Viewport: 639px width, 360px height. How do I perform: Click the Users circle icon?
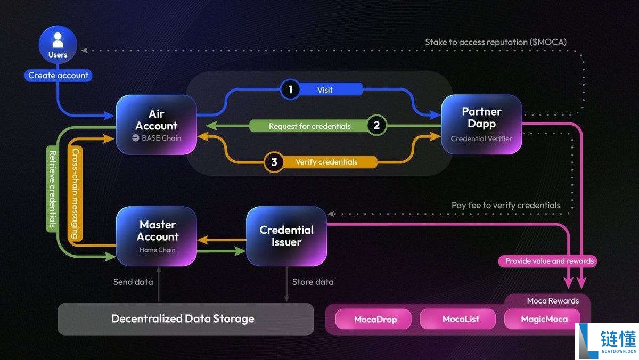58,46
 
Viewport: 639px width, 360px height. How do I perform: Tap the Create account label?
58,76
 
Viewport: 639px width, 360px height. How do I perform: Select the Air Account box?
157,125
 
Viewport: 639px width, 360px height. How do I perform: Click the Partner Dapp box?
481,125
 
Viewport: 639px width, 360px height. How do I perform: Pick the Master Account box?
157,236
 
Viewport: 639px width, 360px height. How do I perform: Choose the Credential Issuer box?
286,236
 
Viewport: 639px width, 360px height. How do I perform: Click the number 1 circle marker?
290,89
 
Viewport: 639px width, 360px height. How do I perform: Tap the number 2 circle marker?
376,126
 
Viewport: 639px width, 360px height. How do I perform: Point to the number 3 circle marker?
274,162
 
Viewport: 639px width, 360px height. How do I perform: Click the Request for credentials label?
309,126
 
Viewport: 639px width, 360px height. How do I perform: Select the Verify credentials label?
326,162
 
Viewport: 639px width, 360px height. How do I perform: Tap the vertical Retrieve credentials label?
52,189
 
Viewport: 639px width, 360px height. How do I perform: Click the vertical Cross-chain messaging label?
75,193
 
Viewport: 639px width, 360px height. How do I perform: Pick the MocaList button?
461,319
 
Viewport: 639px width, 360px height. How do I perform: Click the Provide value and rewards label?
548,261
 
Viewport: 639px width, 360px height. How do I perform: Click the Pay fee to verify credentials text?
505,205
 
